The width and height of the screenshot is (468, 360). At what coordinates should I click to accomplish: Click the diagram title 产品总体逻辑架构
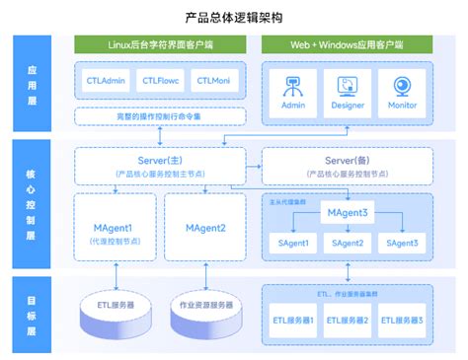234,18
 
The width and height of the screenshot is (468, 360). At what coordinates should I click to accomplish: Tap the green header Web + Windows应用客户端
347,45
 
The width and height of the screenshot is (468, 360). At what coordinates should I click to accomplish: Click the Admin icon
292,87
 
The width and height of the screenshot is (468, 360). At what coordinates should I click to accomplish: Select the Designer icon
347,87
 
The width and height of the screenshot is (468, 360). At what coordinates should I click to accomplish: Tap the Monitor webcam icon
402,87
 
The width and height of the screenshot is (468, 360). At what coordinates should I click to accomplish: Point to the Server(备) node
346,164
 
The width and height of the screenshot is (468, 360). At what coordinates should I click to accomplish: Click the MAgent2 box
205,229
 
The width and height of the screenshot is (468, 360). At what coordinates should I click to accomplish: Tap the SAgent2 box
347,243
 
